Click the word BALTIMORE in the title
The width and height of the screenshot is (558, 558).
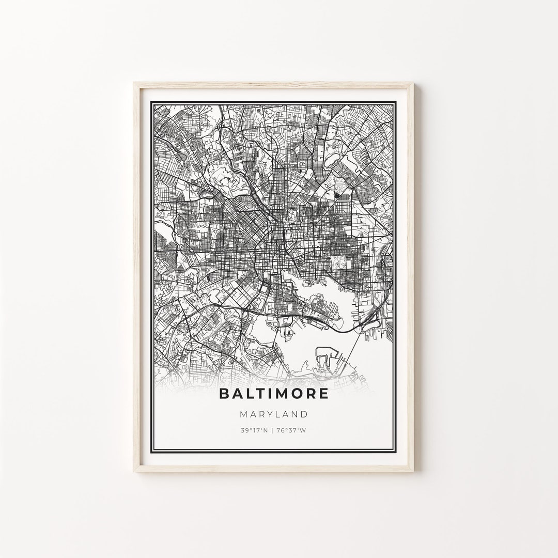pos(274,393)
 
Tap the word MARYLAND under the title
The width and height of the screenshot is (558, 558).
pos(274,414)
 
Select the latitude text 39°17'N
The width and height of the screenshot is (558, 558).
pos(253,430)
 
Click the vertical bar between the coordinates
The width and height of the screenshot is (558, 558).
pos(273,430)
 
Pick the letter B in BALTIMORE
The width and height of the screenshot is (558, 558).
pos(224,393)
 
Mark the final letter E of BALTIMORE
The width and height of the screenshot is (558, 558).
pos(323,393)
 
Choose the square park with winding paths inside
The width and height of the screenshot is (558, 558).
pos(339,262)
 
